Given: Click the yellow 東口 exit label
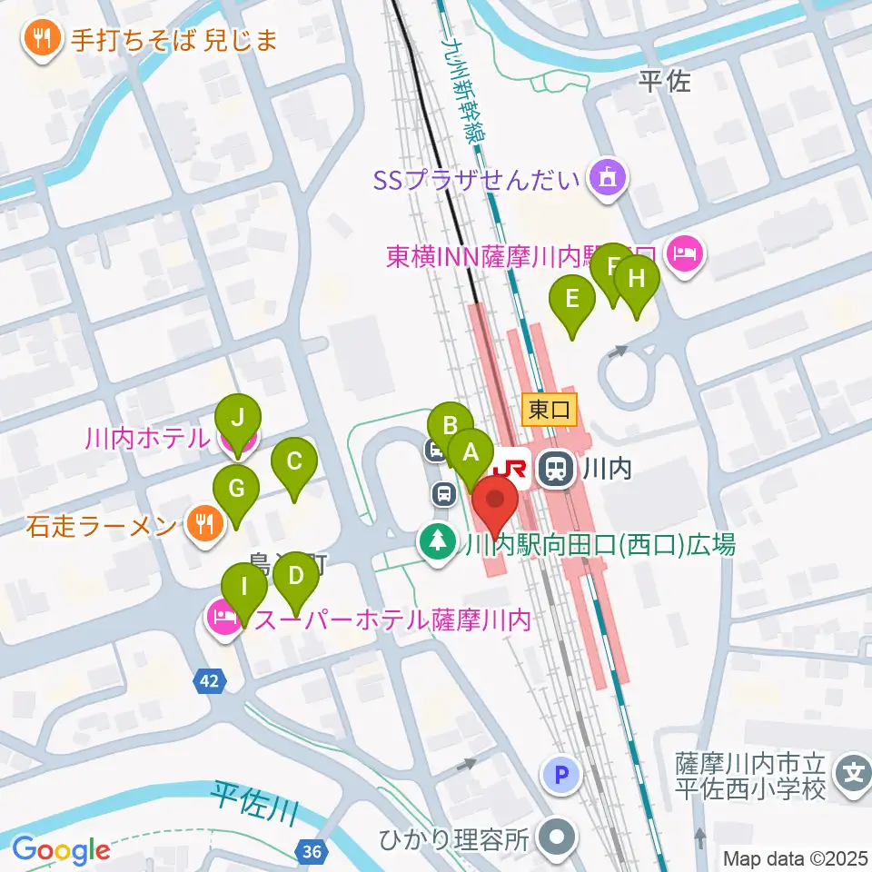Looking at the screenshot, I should [x=550, y=411].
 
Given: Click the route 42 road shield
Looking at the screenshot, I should [x=210, y=680].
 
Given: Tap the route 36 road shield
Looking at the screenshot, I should [x=311, y=851].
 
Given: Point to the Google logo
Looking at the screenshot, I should [x=61, y=850].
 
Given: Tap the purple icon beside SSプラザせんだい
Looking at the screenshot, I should [x=606, y=178].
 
